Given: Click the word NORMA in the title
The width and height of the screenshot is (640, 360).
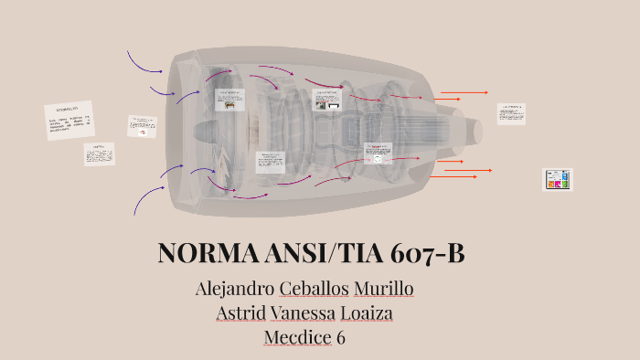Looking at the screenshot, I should tap(199, 253).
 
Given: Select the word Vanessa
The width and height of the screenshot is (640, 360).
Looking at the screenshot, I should tap(306, 313).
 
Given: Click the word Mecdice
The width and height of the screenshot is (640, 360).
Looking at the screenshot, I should tap(297, 337).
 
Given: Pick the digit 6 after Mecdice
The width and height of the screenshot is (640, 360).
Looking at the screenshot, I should tap(341, 337).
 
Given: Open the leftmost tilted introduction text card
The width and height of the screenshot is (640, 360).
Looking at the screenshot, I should tap(69, 121).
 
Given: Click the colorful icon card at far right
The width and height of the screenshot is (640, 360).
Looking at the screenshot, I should tap(557, 179).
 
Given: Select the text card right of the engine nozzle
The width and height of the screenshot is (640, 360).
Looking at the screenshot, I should tap(511, 113).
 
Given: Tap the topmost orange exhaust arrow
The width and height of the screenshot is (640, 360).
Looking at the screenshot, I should tap(464, 92).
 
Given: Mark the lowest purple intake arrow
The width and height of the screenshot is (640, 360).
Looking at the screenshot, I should tap(148, 199).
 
